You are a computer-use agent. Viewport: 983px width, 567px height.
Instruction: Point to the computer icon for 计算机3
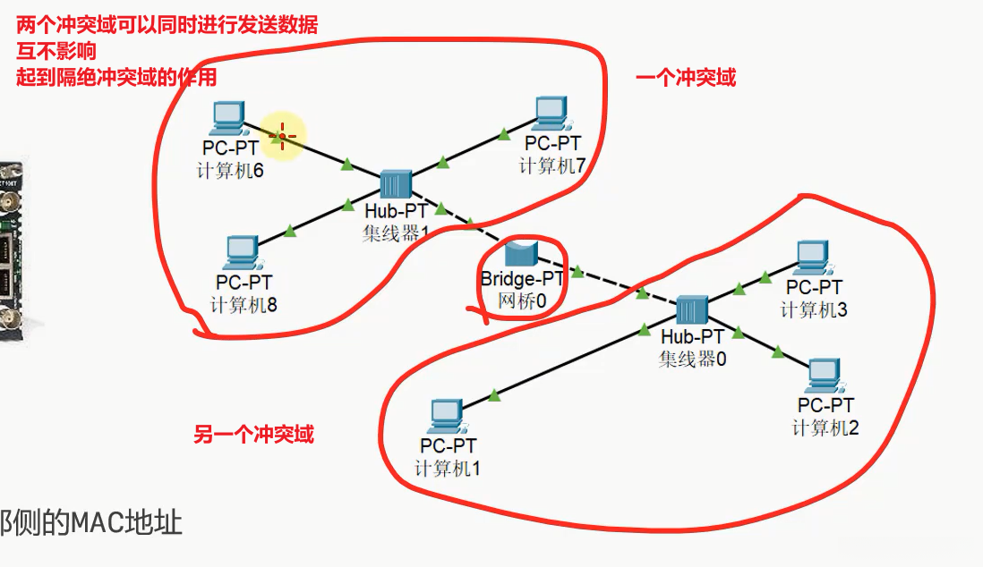pos(813,258)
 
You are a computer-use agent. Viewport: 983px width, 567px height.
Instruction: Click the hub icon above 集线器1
pos(394,184)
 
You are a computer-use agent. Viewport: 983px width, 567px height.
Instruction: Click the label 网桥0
pos(521,301)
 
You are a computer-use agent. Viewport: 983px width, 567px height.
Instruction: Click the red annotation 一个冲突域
pos(685,78)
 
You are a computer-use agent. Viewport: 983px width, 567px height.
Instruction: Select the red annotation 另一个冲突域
pos(254,436)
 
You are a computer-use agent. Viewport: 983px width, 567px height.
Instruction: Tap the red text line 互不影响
pos(56,51)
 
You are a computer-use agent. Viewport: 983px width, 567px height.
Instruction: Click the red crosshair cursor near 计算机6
pos(282,137)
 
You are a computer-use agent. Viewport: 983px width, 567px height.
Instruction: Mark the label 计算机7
pos(551,165)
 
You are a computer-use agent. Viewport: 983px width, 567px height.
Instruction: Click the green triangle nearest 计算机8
pos(289,233)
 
